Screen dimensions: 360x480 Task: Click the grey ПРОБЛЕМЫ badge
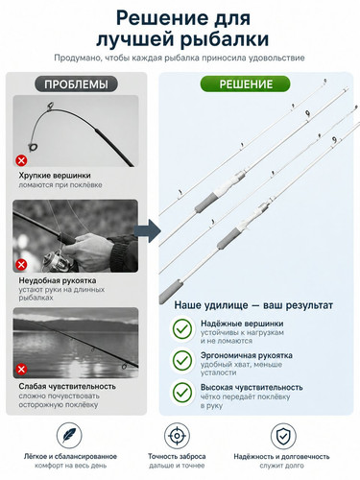click(x=76, y=84)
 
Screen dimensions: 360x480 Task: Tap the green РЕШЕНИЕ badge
click(x=246, y=84)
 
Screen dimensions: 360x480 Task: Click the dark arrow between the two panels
click(x=147, y=230)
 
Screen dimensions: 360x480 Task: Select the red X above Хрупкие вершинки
click(x=21, y=160)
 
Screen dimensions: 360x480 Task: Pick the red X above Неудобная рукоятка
click(x=21, y=265)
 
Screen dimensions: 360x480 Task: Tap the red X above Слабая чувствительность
click(x=21, y=370)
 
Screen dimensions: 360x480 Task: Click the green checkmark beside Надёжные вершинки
click(x=182, y=329)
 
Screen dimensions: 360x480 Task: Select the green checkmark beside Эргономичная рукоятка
click(x=182, y=361)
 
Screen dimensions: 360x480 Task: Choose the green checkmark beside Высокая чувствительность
click(x=182, y=392)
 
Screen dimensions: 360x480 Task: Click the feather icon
click(x=69, y=436)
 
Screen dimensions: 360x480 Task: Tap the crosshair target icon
click(x=177, y=436)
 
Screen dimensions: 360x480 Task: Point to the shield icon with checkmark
click(x=283, y=436)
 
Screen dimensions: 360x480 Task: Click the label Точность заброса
click(x=177, y=456)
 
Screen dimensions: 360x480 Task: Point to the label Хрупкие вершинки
click(x=55, y=176)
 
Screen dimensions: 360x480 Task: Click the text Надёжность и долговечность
click(x=281, y=456)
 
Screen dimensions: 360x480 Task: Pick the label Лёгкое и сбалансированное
click(x=70, y=456)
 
